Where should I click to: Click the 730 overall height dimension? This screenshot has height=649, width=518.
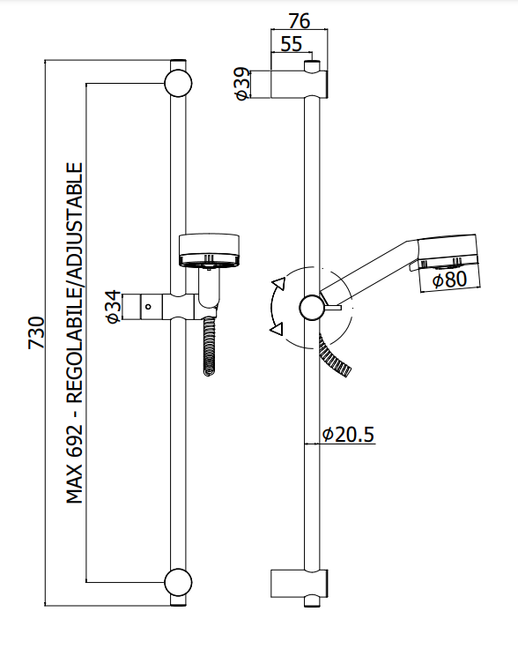tap(36, 332)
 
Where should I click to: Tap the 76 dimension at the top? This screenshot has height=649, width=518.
tap(299, 20)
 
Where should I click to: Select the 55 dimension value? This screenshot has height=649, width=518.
tap(292, 44)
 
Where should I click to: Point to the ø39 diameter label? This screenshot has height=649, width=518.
tap(242, 84)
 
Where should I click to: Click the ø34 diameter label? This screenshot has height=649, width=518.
tap(114, 307)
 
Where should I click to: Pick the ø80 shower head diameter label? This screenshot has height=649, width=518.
tap(450, 280)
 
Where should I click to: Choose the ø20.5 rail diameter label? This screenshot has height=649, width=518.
tap(348, 434)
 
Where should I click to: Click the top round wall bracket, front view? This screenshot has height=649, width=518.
tap(178, 83)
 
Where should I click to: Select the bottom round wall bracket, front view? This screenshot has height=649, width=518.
tap(178, 582)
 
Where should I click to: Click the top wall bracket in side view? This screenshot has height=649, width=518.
tap(300, 84)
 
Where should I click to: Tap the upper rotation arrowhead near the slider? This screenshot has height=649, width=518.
tap(279, 284)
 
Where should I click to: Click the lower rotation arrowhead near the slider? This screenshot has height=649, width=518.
tap(277, 329)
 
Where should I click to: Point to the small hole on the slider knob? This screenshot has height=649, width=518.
tap(148, 307)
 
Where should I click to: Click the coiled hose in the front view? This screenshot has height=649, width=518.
tap(210, 346)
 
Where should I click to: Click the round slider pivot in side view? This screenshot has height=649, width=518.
tap(312, 308)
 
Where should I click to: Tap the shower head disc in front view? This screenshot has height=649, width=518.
tap(209, 250)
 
